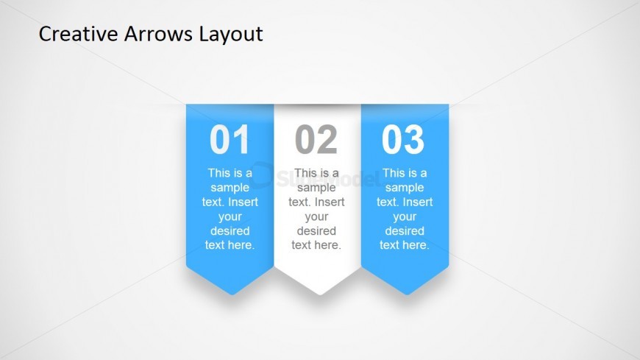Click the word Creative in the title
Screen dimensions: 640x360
[78, 34]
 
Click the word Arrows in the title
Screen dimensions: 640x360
[158, 34]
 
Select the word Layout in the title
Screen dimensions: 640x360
[231, 35]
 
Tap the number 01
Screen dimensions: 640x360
[230, 139]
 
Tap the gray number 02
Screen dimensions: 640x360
[316, 139]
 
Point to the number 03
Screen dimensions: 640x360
[403, 139]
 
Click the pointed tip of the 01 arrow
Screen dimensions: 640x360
[232, 294]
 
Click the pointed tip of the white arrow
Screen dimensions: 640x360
[319, 294]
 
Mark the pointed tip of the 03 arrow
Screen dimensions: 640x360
[407, 294]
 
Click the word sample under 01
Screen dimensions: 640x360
[230, 188]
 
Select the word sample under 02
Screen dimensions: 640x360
[316, 188]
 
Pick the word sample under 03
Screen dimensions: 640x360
[405, 188]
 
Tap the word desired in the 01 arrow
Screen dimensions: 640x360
[230, 231]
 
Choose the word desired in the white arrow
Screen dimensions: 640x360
[316, 231]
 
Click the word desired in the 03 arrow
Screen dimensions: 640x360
[405, 231]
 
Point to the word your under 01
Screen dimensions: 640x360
[230, 217]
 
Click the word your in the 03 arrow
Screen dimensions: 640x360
[405, 217]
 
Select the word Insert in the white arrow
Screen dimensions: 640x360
[329, 202]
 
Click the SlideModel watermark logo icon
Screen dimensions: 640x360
[261, 175]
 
